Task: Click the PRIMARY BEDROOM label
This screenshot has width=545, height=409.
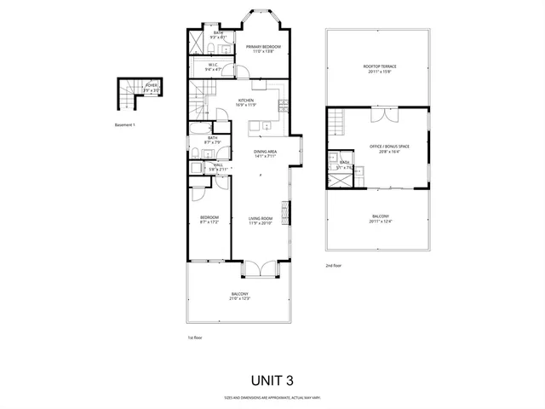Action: (x=261, y=48)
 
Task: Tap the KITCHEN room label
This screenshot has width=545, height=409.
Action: (x=247, y=101)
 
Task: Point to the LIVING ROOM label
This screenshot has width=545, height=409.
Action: (x=260, y=218)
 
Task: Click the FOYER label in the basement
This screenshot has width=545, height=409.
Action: (x=151, y=85)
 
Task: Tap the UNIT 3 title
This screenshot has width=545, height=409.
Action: (x=272, y=379)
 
